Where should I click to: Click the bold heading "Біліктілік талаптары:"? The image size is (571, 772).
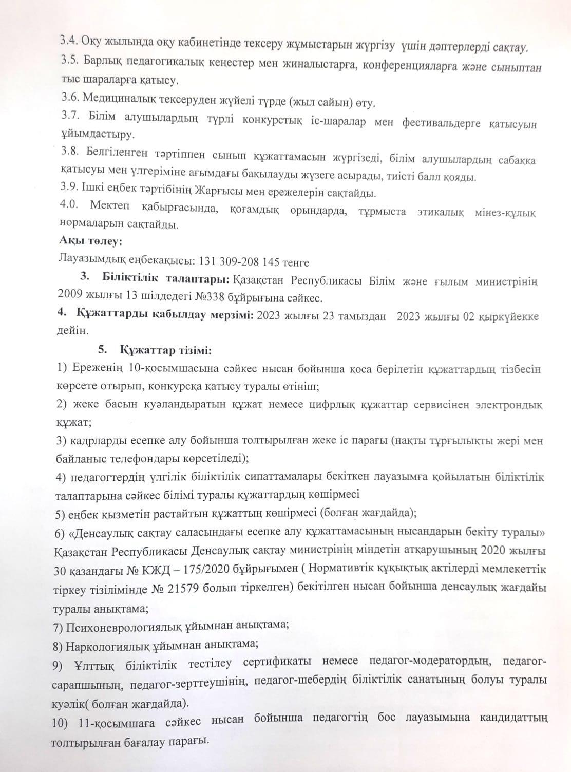point(166,280)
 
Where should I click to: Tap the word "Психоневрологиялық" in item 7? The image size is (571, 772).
point(116,625)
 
